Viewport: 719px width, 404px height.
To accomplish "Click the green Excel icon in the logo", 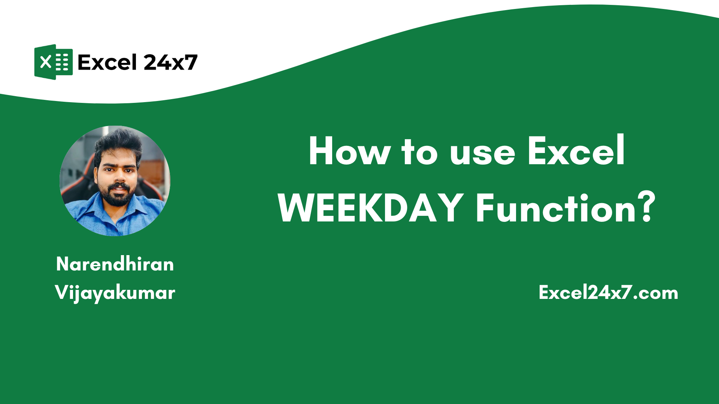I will pos(54,62).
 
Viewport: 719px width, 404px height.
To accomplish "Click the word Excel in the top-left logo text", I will pos(107,62).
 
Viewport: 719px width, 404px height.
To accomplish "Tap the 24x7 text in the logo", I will pos(170,62).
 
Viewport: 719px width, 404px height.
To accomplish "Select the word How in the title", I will pos(349,151).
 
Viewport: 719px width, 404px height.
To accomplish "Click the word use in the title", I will pos(482,153).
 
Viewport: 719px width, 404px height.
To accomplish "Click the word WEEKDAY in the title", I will pos(371,208).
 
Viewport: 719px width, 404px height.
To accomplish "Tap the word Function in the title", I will pos(556,208).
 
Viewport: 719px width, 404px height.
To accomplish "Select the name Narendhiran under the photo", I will pos(115,264).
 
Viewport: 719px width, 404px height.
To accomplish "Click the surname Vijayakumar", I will pos(115,293).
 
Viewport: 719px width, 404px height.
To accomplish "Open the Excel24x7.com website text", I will pos(608,293).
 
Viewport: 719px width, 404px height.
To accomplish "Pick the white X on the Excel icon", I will pos(46,62).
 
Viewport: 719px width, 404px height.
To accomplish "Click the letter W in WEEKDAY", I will pos(300,208).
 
